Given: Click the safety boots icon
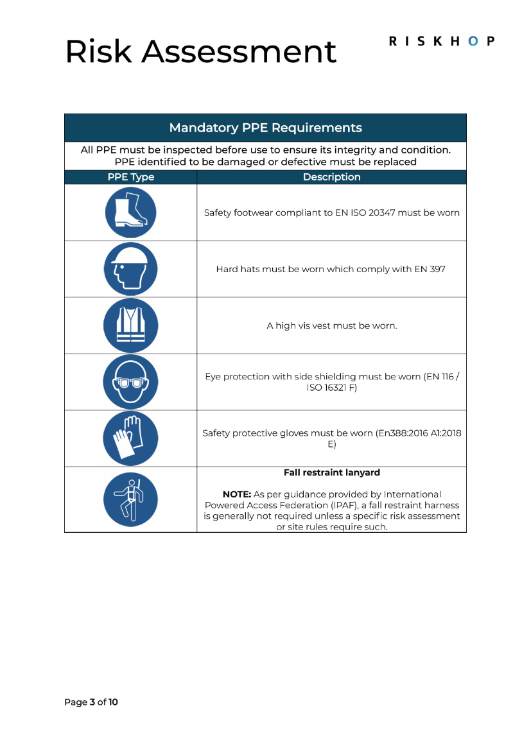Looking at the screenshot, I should click(x=130, y=212).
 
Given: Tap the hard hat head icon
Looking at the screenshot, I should click(x=130, y=269).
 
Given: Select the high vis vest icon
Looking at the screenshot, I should click(x=130, y=325).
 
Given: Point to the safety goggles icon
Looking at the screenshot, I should click(x=130, y=382).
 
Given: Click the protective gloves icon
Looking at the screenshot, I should click(x=130, y=438).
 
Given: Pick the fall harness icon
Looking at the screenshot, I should click(x=130, y=500).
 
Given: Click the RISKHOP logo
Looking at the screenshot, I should click(x=442, y=41).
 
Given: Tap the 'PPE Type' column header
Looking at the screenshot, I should click(x=130, y=177).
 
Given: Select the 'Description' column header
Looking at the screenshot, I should click(x=331, y=177).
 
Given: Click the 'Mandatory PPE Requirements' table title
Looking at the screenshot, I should click(x=265, y=128).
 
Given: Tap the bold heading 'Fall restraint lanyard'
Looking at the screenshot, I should click(x=331, y=472).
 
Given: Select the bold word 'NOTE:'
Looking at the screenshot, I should click(x=236, y=494).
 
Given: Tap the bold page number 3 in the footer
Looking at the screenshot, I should click(x=92, y=702).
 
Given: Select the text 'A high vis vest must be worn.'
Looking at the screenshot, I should click(x=331, y=325).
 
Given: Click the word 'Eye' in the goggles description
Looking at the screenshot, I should click(x=213, y=377).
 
